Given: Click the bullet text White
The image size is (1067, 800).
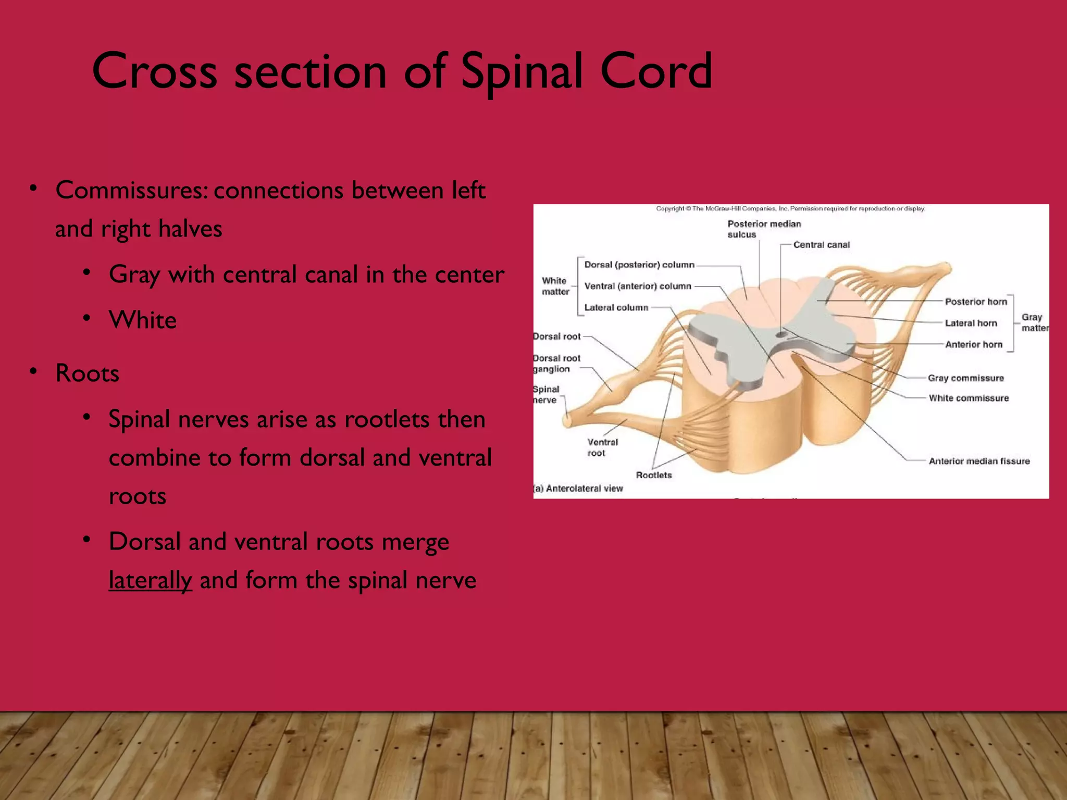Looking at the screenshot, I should point(143,320).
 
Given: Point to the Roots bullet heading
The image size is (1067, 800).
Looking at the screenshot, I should point(87,373).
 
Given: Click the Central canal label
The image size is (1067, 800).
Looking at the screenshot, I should point(821,245).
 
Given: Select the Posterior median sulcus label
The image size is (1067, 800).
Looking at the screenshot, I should point(764,229).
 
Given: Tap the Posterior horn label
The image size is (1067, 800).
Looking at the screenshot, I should point(976,302).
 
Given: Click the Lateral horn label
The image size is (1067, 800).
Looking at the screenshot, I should point(971,323).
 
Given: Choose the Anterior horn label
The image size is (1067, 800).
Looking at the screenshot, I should point(973,344).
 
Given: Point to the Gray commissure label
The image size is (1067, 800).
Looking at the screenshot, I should point(965,378).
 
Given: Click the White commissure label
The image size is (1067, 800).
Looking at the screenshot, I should point(969,398).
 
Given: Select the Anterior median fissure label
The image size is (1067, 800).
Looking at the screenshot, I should point(979,461).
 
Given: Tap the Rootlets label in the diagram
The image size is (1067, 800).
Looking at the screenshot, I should point(654,475).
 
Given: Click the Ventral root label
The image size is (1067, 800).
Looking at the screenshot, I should point(602,447).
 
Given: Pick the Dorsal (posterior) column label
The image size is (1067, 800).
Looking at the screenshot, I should point(639,265).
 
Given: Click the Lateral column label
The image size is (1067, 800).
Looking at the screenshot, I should point(616,307).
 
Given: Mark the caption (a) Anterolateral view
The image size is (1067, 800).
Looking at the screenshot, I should point(579,489).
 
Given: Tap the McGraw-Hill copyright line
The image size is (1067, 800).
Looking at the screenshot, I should point(790,209).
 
